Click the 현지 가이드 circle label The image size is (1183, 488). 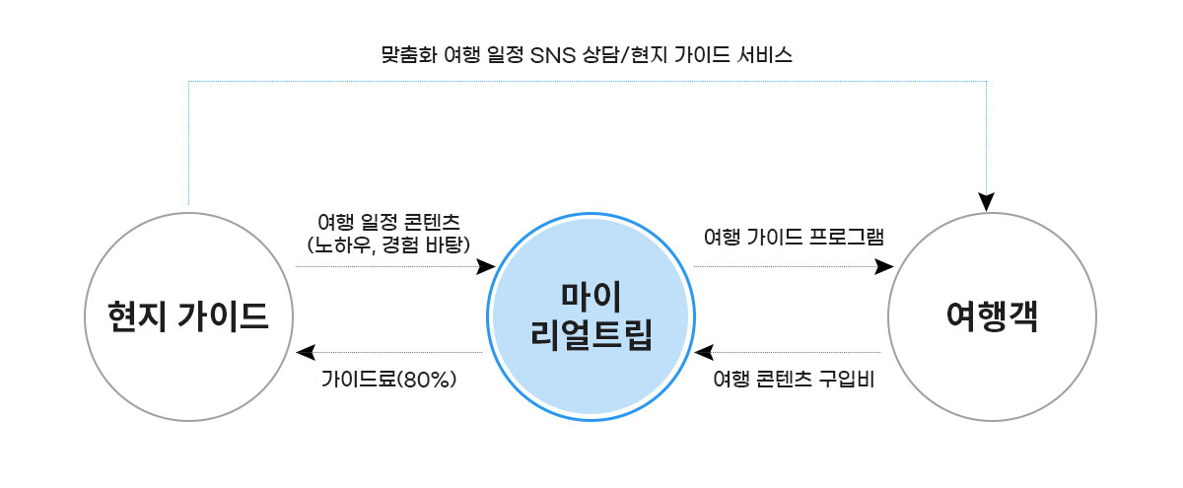pos(189,315)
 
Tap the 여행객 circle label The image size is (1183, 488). pos(992,315)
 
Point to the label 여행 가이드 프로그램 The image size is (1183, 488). pos(794,238)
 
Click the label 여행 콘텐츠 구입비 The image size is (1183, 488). pos(794,380)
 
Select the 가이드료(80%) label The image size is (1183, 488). pos(388,380)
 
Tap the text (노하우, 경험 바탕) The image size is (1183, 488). pos(388,243)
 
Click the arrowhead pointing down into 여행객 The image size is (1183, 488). pos(987,202)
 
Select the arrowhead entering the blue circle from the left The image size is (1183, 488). pos(485,266)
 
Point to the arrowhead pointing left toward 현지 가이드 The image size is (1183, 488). pos(305,352)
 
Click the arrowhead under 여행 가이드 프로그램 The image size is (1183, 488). pos(884,266)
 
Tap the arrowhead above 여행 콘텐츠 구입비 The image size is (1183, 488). pos(703,352)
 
